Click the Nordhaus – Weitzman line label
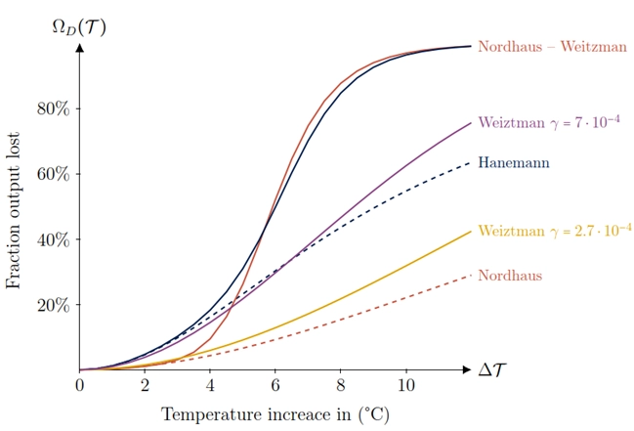coord(552,47)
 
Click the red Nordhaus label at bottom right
coord(509,276)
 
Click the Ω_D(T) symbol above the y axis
coord(79,25)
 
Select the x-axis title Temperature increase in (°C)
coord(275,414)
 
